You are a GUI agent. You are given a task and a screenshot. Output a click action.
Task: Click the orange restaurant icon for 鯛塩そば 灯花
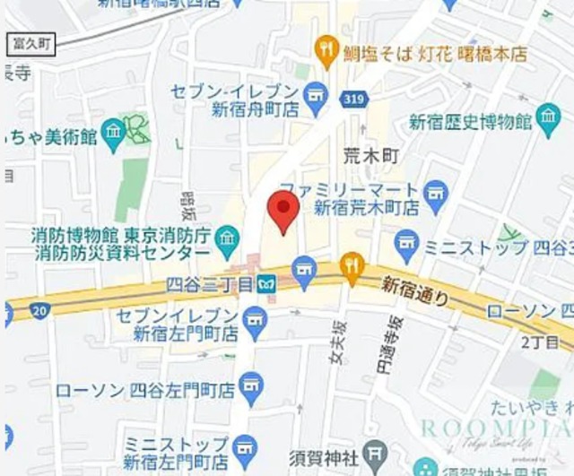pos(326,51)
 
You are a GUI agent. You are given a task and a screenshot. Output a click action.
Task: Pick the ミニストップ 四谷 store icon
pos(406,243)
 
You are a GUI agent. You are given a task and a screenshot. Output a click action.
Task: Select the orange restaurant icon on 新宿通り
pos(352,266)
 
